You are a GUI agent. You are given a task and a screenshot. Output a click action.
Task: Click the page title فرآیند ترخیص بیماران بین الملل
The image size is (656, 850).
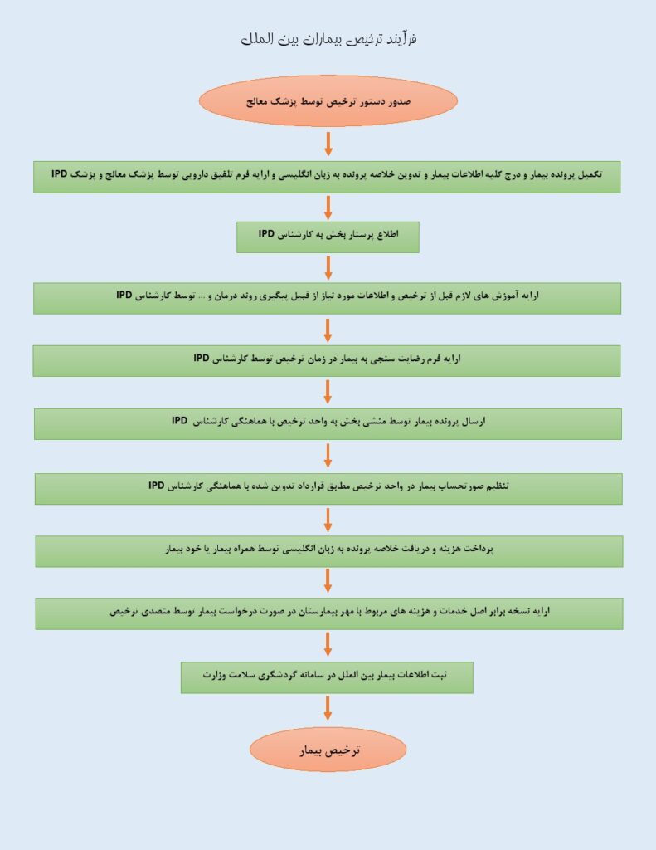(x=328, y=39)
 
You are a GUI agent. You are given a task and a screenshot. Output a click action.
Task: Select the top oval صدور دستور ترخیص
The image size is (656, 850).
(x=328, y=101)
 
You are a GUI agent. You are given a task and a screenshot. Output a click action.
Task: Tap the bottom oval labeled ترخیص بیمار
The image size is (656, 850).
(x=328, y=750)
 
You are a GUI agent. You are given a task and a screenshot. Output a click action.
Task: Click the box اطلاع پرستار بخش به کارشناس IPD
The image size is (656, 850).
(x=328, y=237)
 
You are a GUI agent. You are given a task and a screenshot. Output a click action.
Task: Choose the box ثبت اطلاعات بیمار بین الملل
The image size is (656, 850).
(x=327, y=677)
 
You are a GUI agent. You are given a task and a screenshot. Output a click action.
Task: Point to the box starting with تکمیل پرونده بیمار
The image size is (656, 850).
(x=327, y=177)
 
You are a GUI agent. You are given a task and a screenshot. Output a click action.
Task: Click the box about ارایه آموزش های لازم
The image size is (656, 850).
(x=328, y=298)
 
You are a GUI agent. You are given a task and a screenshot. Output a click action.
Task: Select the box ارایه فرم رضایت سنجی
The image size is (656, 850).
(x=327, y=361)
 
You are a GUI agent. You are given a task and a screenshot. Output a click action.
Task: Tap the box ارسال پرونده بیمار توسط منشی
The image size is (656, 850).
(x=328, y=424)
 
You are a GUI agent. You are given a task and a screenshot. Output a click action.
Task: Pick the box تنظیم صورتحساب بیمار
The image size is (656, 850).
(x=328, y=488)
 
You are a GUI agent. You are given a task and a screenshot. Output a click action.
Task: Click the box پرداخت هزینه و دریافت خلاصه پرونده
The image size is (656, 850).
(x=328, y=551)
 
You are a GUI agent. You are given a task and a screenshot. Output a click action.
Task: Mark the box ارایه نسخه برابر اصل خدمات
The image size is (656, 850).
(x=328, y=613)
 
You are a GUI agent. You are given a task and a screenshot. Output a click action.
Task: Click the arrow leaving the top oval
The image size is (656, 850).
(x=328, y=144)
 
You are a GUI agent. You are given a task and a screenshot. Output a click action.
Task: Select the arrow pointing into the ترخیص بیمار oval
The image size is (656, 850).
(x=328, y=709)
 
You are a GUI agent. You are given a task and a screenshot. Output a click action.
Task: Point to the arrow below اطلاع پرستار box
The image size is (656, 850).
(x=328, y=268)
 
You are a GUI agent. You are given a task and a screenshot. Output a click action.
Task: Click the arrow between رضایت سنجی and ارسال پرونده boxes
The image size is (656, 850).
(x=328, y=392)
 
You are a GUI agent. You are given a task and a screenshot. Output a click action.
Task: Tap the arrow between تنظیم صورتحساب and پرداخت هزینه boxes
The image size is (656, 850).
(x=328, y=520)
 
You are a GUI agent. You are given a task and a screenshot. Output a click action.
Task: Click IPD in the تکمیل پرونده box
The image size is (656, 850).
(x=60, y=173)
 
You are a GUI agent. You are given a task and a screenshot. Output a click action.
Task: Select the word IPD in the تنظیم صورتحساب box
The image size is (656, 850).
(x=157, y=485)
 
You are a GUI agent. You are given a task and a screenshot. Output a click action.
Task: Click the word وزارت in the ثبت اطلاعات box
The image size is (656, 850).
(x=213, y=675)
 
